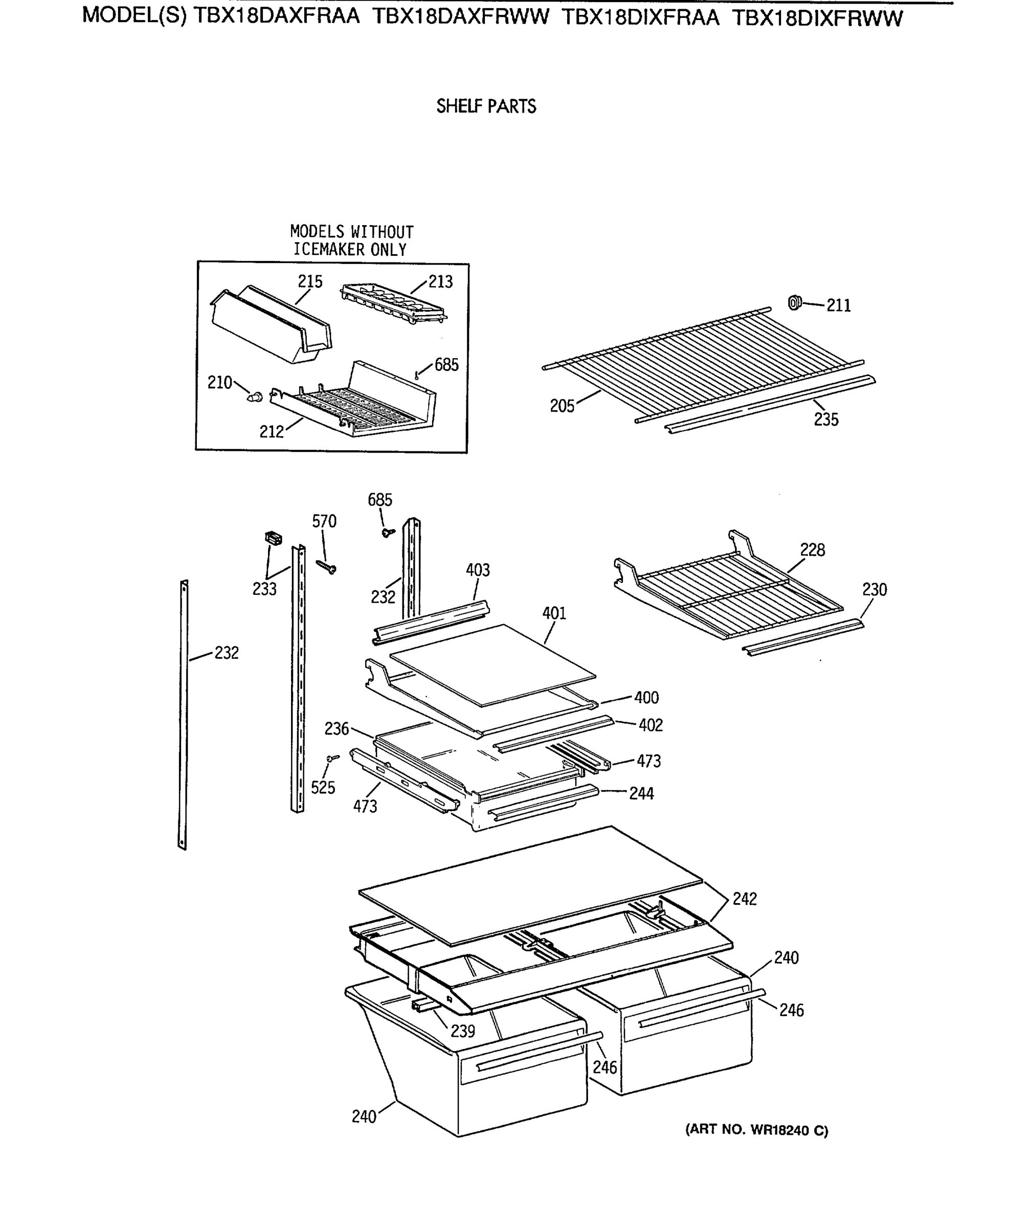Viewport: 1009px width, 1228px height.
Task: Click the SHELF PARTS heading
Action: [x=486, y=106]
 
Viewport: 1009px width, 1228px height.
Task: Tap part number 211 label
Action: [x=838, y=306]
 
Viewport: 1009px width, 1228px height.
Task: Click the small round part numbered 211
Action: [x=794, y=302]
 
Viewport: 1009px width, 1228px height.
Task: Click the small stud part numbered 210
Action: [x=255, y=397]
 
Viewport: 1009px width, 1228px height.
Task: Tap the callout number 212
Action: [x=272, y=431]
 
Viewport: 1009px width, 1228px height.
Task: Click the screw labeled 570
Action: [x=327, y=566]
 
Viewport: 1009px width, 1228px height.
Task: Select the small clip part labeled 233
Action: [x=273, y=538]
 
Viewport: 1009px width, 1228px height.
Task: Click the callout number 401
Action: [x=554, y=613]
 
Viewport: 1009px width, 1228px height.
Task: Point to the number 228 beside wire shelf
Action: [x=812, y=550]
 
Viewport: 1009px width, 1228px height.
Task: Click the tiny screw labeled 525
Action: [x=333, y=758]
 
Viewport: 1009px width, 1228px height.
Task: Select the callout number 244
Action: [x=641, y=793]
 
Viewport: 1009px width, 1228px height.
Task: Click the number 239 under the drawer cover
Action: [x=463, y=1031]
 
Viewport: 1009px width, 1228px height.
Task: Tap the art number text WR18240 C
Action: [x=757, y=1130]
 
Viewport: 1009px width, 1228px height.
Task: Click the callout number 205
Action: [x=562, y=406]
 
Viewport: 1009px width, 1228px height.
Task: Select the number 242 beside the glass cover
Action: [x=744, y=899]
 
